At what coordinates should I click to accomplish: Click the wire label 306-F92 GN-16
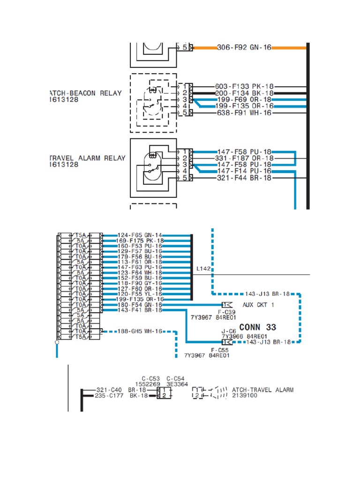coord(244,47)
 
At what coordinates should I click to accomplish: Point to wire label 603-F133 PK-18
coord(244,87)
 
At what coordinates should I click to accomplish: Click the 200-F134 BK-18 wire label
coord(244,93)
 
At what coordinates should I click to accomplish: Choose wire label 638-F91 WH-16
coord(244,113)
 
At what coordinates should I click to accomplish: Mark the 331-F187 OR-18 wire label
coord(244,158)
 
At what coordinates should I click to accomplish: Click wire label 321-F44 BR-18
coord(244,178)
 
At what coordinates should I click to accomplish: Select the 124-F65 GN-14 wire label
coord(140,235)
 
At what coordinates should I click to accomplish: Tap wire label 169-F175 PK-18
coord(140,241)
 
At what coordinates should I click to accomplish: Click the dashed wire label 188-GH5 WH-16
coord(140,331)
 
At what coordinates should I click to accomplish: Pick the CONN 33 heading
coord(257,327)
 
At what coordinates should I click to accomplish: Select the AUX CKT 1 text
coord(259,305)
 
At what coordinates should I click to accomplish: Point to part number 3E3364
coord(177,384)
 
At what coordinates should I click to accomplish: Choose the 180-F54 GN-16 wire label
coord(140,305)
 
